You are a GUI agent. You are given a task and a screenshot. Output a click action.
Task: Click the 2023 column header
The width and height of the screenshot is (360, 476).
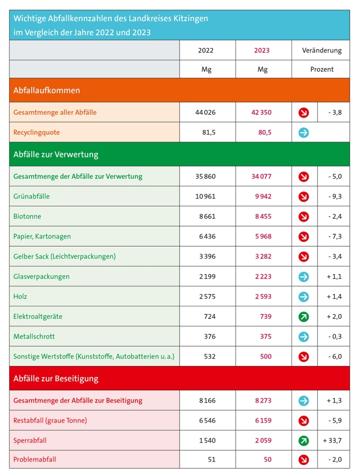pyautogui.click(x=262, y=50)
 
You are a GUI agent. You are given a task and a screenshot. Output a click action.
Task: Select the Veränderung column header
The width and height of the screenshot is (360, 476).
pyautogui.click(x=321, y=50)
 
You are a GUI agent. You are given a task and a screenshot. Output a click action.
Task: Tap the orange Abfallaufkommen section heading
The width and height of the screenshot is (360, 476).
pyautogui.click(x=47, y=90)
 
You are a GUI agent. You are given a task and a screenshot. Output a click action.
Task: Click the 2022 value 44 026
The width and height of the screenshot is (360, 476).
pyautogui.click(x=205, y=112)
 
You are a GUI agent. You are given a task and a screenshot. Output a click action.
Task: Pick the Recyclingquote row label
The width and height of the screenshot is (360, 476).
pyautogui.click(x=37, y=132)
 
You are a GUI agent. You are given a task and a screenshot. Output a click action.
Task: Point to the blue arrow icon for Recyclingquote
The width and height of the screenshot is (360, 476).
pyautogui.click(x=303, y=133)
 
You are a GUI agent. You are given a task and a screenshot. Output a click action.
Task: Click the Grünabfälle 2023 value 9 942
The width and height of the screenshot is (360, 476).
pyautogui.click(x=263, y=196)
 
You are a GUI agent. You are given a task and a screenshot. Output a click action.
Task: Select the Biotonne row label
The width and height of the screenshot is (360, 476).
pyautogui.click(x=27, y=216)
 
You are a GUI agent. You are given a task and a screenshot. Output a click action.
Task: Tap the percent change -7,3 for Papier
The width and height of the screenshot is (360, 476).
pyautogui.click(x=335, y=236)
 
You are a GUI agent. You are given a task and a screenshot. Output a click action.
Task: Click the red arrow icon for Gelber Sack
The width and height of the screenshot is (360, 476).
pyautogui.click(x=303, y=257)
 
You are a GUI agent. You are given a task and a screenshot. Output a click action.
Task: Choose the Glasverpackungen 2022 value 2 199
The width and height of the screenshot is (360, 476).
pyautogui.click(x=207, y=277)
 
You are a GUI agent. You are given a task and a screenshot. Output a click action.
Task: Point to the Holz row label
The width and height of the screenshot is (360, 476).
pyautogui.click(x=20, y=297)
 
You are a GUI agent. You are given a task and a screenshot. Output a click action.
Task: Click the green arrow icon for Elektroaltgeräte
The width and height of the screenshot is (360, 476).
pyautogui.click(x=303, y=317)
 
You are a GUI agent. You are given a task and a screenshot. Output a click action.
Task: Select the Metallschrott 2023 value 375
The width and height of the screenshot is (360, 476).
pyautogui.click(x=266, y=337)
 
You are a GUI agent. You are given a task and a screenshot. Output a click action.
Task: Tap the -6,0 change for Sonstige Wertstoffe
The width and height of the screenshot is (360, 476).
pyautogui.click(x=335, y=356)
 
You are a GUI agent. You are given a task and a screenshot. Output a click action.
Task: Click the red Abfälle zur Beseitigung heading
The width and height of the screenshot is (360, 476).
pyautogui.click(x=56, y=379)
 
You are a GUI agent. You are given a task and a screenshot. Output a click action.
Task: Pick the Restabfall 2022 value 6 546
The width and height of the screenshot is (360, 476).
pyautogui.click(x=207, y=420)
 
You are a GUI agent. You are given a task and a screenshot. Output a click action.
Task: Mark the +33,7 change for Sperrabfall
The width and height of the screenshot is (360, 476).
pyautogui.click(x=332, y=441)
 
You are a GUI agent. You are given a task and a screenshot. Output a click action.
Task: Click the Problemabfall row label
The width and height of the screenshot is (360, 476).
pyautogui.click(x=34, y=459)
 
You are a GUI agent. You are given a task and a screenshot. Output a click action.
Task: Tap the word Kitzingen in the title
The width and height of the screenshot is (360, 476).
pyautogui.click(x=191, y=19)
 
